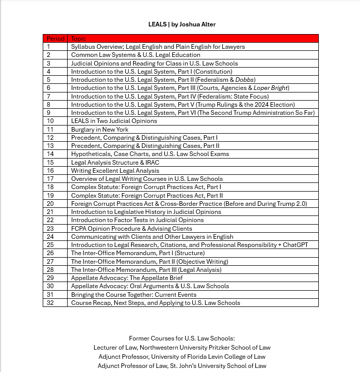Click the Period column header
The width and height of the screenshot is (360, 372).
(55, 38)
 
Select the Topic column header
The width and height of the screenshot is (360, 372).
(79, 38)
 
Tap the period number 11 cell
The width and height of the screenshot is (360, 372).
(50, 130)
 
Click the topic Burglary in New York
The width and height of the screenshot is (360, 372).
(100, 130)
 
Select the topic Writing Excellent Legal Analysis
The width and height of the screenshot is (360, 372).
(115, 171)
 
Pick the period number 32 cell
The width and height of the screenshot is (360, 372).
(50, 303)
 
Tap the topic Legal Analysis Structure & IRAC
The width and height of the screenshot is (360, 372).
(116, 163)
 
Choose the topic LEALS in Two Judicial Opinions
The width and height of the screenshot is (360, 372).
(114, 121)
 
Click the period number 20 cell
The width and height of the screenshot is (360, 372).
(50, 204)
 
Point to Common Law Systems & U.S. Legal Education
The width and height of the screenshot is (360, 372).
(136, 55)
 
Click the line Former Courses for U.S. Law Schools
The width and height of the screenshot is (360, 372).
(182, 338)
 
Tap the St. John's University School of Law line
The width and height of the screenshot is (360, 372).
(182, 365)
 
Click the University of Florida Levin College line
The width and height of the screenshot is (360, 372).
(182, 357)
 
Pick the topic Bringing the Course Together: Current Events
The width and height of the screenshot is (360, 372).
(134, 295)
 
